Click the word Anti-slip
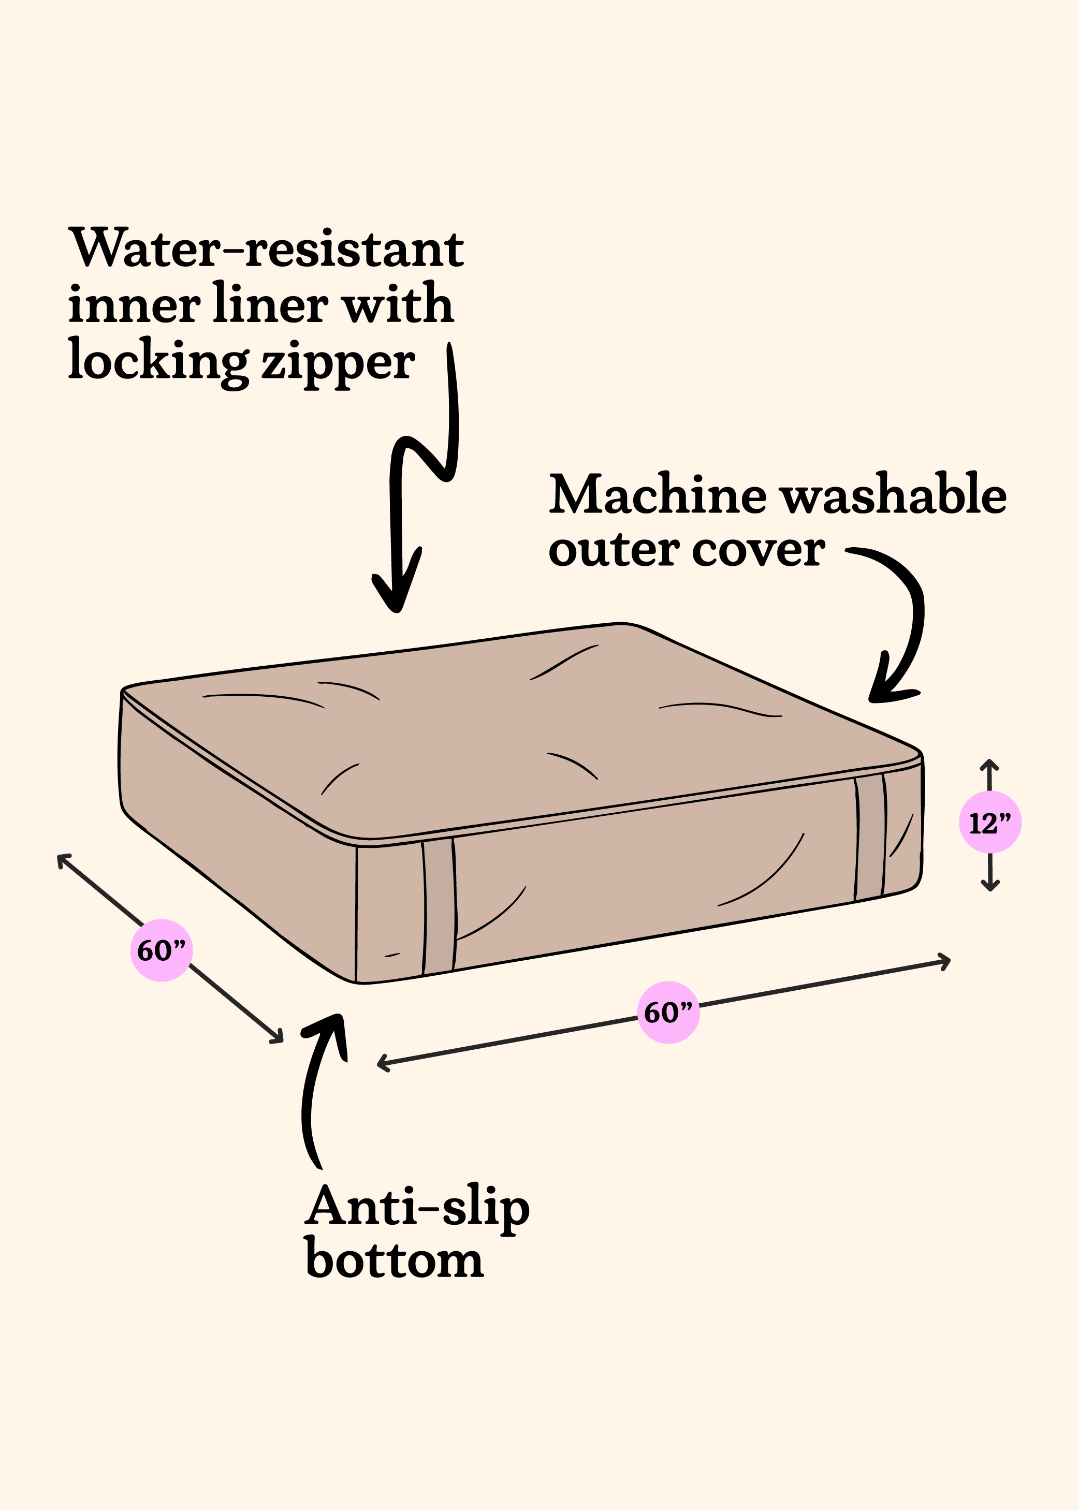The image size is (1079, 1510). tap(417, 1207)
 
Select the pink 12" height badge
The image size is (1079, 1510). tap(990, 823)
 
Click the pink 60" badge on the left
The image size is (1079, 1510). tap(162, 950)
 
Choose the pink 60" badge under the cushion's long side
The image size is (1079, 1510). tap(668, 1013)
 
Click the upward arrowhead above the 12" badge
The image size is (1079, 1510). tap(990, 764)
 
